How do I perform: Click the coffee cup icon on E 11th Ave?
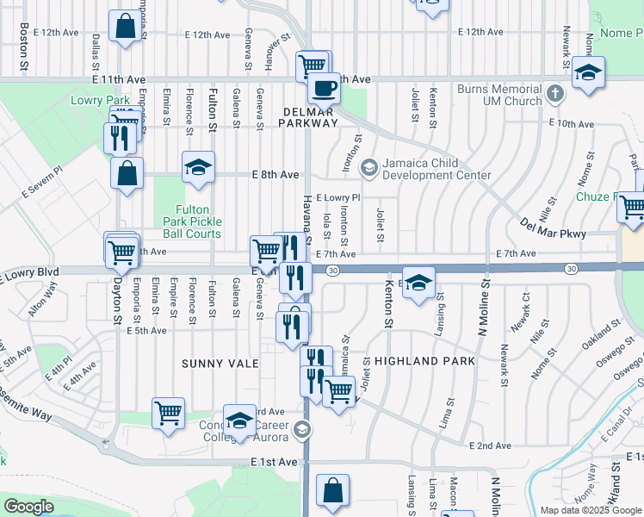tap(324, 88)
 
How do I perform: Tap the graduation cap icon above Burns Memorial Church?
tap(589, 73)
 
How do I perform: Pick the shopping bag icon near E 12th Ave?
tap(125, 27)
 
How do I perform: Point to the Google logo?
tap(28, 507)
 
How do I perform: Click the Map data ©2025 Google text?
tap(590, 510)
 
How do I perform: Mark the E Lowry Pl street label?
tap(338, 197)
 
